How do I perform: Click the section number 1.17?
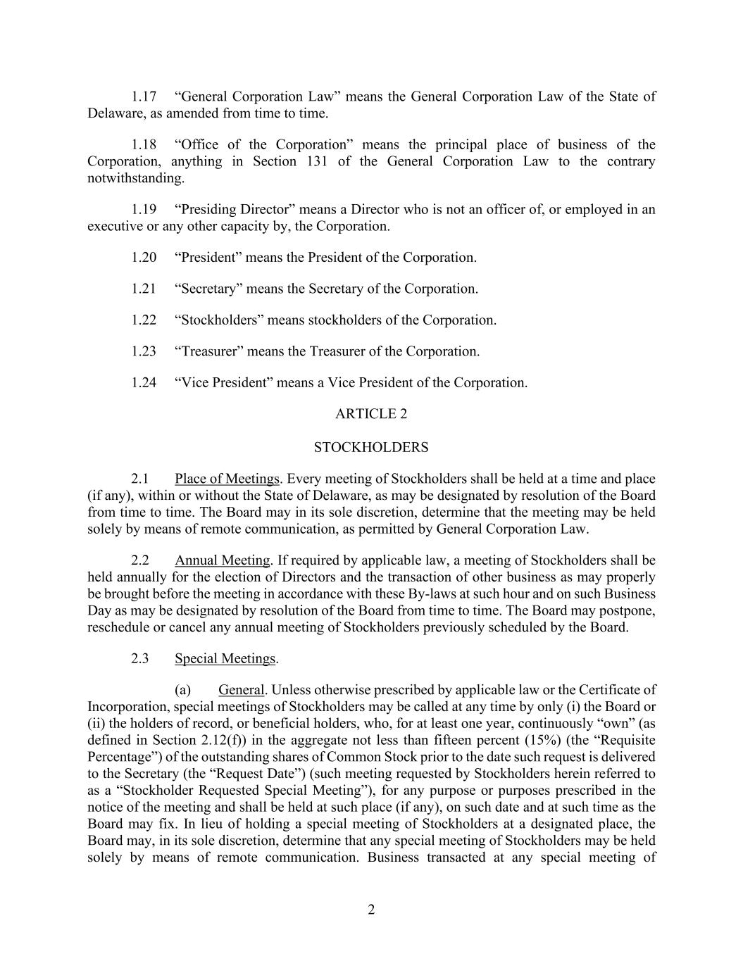144,96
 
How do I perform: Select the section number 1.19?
144,209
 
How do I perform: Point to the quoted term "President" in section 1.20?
208,258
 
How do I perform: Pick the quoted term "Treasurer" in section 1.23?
209,351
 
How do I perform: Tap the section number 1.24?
144,383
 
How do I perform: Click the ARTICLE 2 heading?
371,414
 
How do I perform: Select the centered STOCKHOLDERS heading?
371,448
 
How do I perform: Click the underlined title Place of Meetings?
227,479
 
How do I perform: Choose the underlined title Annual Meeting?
223,560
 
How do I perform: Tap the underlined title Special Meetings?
225,659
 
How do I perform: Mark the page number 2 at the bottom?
371,910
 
